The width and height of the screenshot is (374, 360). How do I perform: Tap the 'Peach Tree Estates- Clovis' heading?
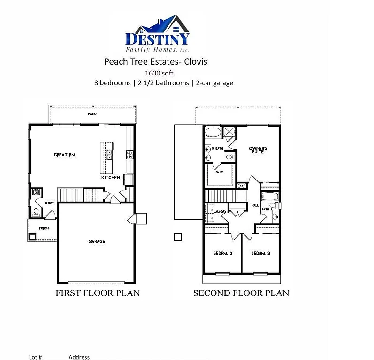coord(155,61)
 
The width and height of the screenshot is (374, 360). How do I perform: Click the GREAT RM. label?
coord(65,154)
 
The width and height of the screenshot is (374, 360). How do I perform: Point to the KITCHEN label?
coord(111,178)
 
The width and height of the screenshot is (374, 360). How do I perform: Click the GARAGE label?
coord(97,242)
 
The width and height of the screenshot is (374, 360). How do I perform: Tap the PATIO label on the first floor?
coord(92,114)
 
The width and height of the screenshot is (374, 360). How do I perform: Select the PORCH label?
coord(44,228)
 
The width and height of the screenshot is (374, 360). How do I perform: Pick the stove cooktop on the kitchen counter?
coord(130,154)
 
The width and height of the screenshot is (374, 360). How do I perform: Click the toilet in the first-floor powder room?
coord(36,211)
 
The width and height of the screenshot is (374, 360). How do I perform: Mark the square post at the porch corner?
coord(32,237)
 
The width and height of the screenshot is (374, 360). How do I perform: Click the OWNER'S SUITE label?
coord(258,150)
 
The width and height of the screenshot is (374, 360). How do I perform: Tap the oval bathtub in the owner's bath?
coord(213,132)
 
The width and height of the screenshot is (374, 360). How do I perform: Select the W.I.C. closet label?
coord(220,172)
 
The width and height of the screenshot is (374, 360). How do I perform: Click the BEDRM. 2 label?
coord(223,253)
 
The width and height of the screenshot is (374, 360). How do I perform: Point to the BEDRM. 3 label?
coord(260,253)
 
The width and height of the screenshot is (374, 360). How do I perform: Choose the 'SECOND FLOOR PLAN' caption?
coord(241,293)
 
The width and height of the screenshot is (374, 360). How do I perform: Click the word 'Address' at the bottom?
coord(79,357)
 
